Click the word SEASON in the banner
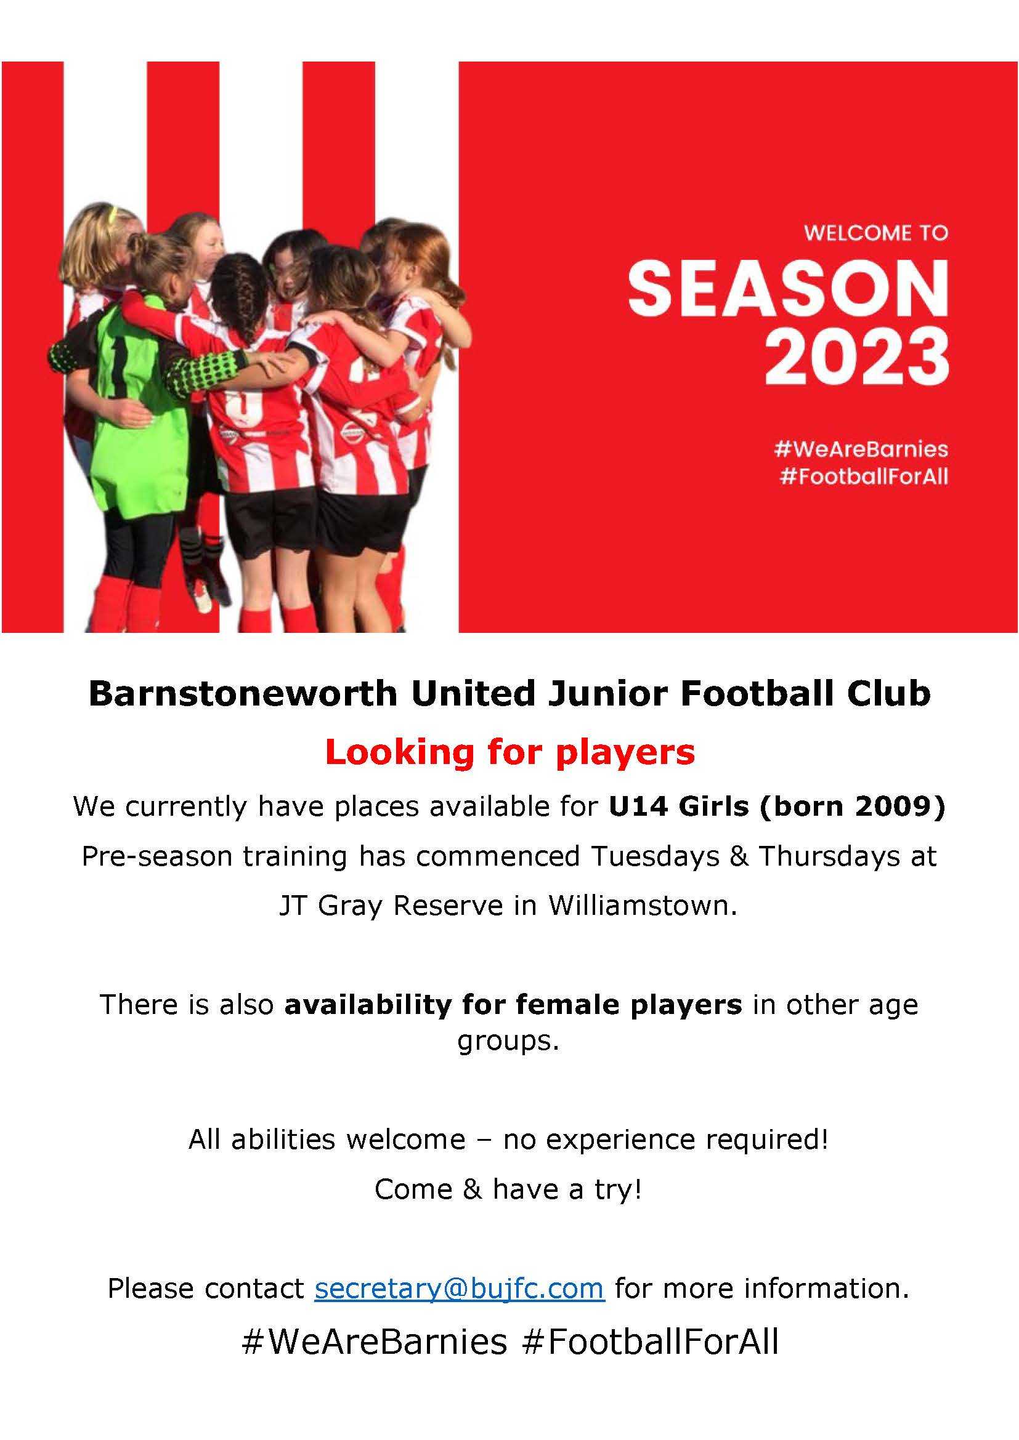[788, 289]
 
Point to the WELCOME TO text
[876, 233]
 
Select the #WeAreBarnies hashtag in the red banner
[861, 448]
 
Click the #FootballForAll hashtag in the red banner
[864, 477]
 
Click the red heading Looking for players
[509, 752]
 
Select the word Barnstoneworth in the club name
[243, 694]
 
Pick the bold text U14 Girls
[679, 806]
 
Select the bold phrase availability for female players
[513, 1005]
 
